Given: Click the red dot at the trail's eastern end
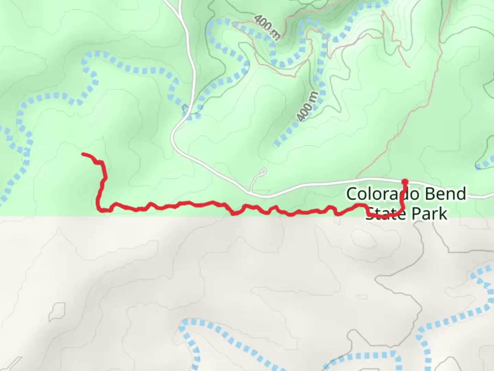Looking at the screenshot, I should [x=405, y=181].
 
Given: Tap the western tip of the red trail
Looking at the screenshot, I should [x=83, y=154].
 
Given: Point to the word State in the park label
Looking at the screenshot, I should [x=386, y=213].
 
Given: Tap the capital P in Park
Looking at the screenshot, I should [x=416, y=214].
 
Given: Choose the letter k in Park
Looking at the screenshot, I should [x=443, y=214].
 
